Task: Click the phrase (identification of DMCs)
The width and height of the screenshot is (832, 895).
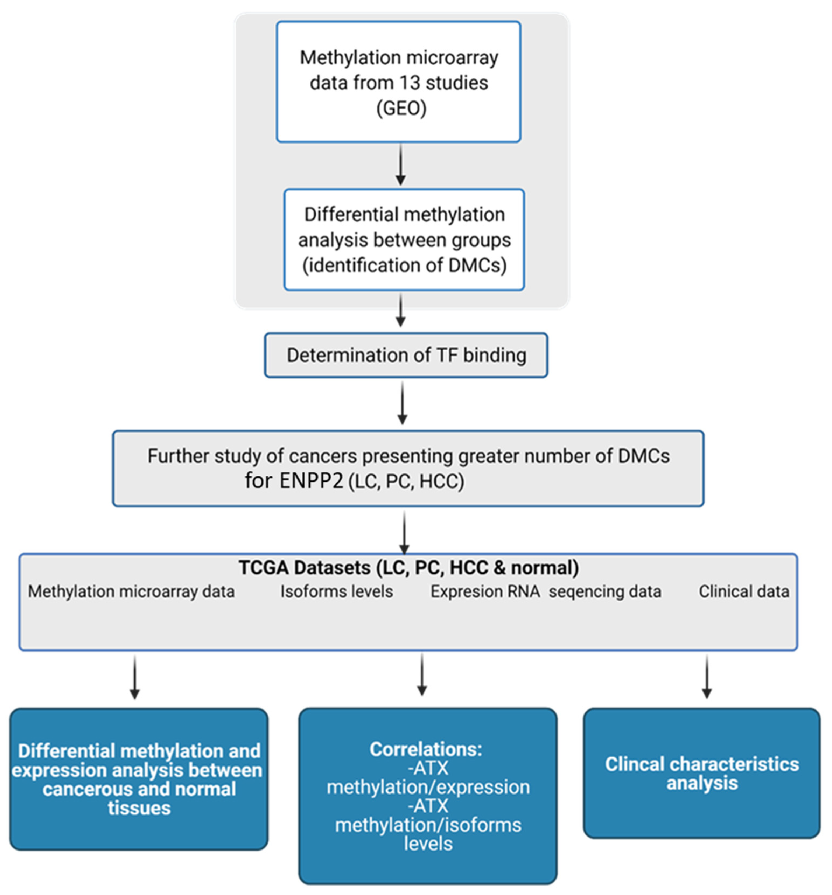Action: pyautogui.click(x=404, y=265)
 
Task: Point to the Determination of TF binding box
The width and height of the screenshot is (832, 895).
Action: pyautogui.click(x=405, y=355)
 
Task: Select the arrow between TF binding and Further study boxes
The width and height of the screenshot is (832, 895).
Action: pyautogui.click(x=402, y=403)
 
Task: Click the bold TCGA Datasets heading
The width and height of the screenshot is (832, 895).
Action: pyautogui.click(x=408, y=568)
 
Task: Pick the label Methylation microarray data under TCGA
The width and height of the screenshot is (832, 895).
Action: pyautogui.click(x=131, y=591)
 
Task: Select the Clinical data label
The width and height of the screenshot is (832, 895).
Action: pyautogui.click(x=743, y=591)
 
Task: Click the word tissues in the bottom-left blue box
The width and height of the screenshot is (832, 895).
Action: pyautogui.click(x=139, y=808)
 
